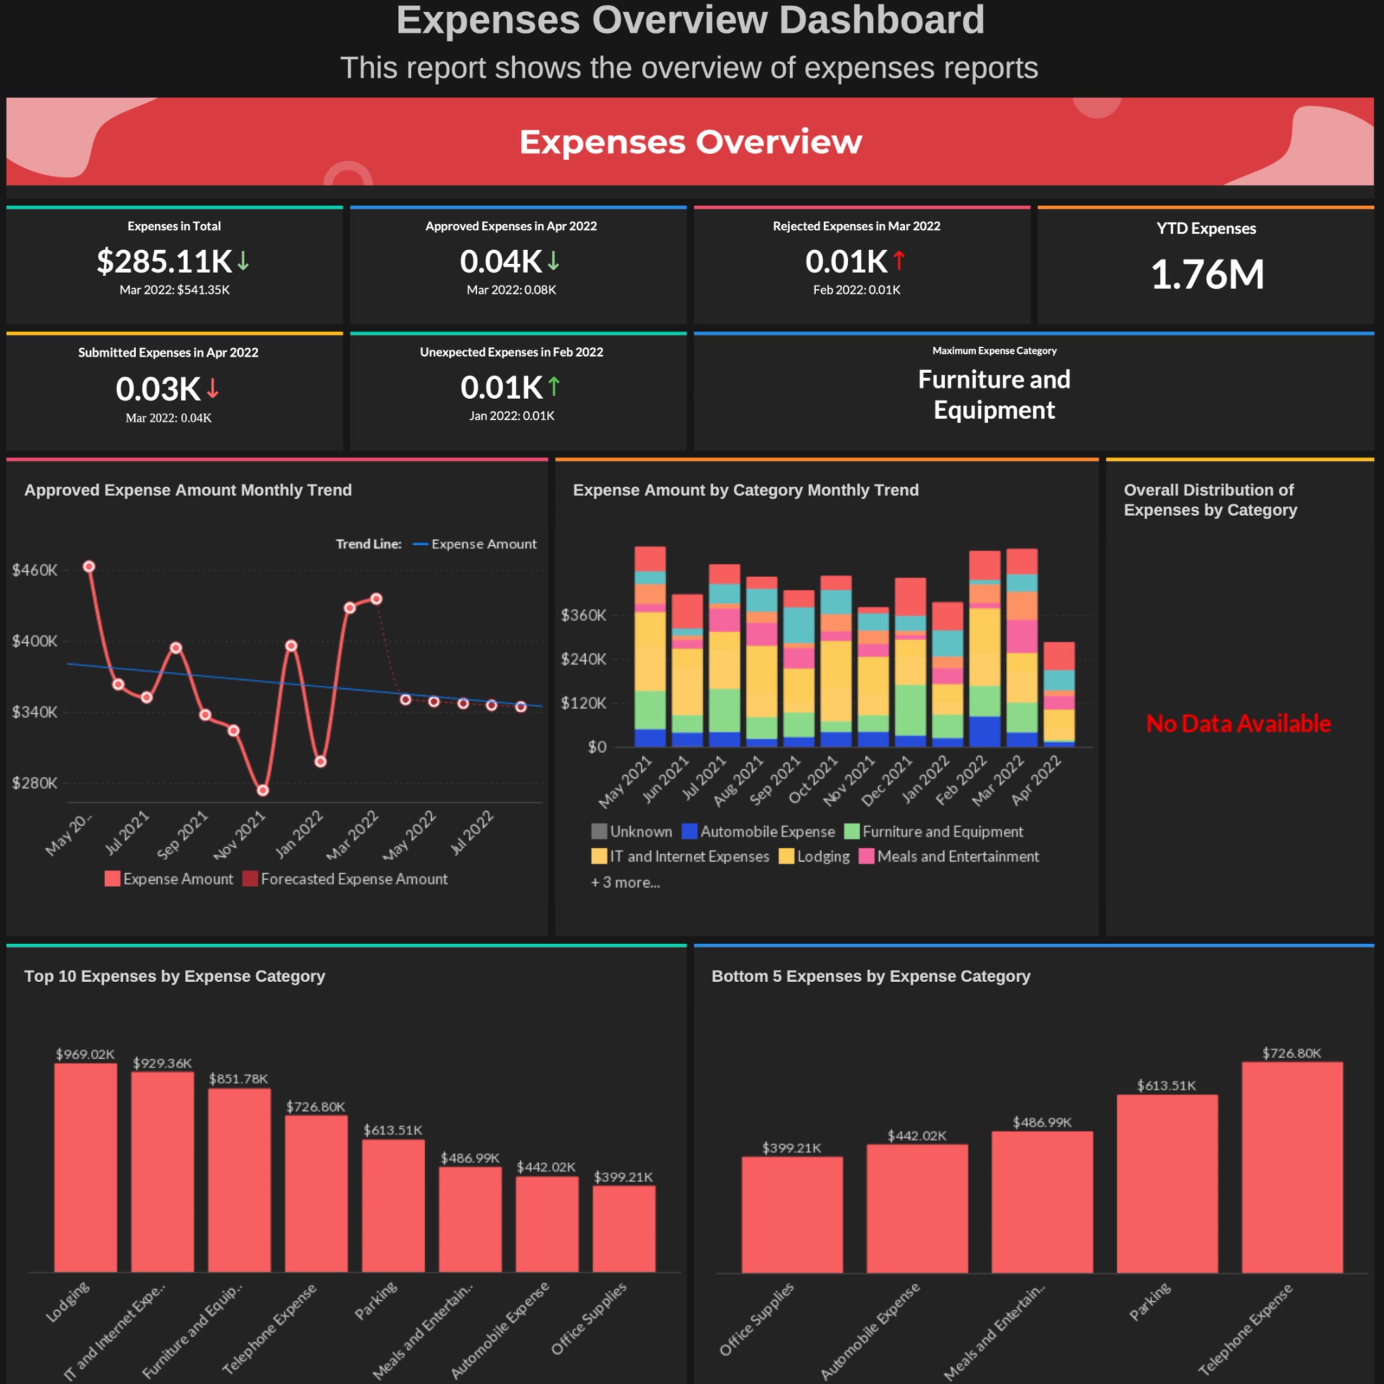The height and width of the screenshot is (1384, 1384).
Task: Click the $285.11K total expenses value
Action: pos(164,261)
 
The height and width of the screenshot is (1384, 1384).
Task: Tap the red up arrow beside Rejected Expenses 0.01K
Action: pos(899,261)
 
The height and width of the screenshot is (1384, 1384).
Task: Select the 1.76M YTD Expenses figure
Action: pos(1207,274)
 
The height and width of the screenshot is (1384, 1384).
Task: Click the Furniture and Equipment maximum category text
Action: pos(993,394)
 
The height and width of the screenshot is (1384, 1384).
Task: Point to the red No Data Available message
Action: pos(1238,724)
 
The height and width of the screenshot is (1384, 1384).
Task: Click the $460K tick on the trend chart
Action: pos(34,570)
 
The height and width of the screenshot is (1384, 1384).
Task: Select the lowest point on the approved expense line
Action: pos(263,790)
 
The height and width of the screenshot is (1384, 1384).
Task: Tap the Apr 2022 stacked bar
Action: pos(1058,693)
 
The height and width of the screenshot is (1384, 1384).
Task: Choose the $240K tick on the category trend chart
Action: pos(583,659)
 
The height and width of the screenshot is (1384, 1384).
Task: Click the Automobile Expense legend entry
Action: pos(758,832)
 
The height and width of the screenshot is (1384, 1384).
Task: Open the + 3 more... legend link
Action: pos(625,883)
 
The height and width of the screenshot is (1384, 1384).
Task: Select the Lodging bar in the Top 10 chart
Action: pos(85,1167)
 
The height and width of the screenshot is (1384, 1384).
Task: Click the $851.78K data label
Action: pos(239,1079)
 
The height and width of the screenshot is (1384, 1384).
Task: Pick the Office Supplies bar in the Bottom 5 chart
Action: pos(791,1215)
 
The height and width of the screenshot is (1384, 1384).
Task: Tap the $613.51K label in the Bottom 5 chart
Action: pos(1166,1085)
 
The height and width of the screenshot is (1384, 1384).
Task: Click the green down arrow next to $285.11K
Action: pos(244,261)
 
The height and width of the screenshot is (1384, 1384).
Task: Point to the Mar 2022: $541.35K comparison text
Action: pos(174,290)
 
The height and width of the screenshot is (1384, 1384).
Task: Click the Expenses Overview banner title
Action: pos(691,142)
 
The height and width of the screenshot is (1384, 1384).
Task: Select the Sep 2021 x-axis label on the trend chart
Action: pos(183,834)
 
